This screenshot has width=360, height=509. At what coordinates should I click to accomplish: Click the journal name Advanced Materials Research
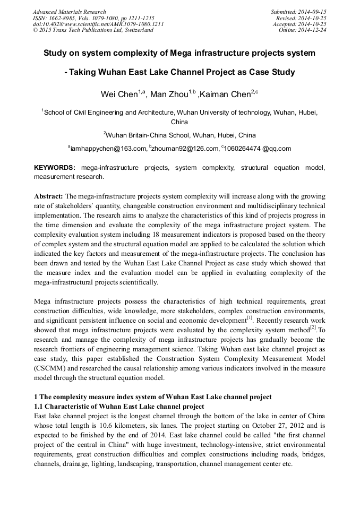[69, 12]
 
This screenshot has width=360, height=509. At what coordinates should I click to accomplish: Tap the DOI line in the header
[98, 24]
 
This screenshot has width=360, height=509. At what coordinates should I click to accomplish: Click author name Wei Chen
[119, 95]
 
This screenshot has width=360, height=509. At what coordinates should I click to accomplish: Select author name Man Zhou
[169, 95]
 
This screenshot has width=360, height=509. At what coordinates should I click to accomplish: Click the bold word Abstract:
[48, 196]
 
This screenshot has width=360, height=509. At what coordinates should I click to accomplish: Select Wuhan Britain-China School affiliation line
[181, 135]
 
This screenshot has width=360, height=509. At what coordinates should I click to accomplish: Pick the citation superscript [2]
[313, 327]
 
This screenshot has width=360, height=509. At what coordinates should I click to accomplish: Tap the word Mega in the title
[183, 53]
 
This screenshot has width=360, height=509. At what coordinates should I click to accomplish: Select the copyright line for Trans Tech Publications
[93, 30]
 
